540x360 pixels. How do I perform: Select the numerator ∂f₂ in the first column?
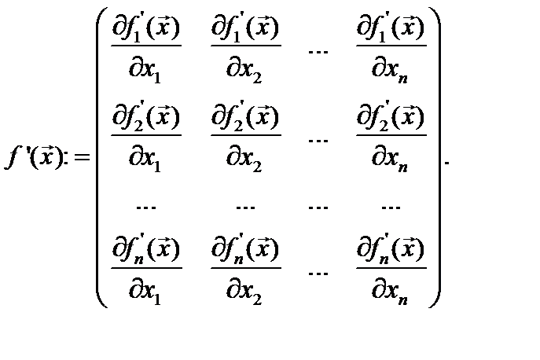[145, 119]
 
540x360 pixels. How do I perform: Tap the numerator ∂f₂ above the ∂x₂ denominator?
[244, 119]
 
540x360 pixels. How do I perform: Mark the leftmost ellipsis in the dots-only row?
[145, 208]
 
